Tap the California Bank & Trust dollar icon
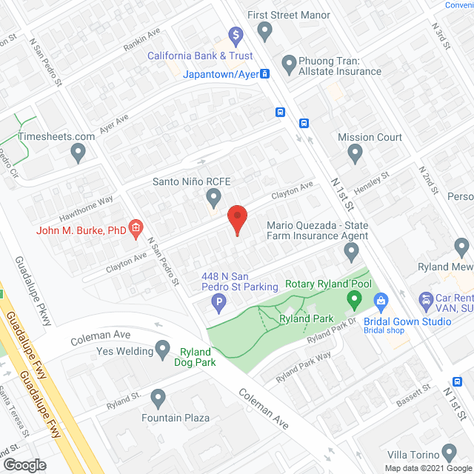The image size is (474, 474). [x=236, y=34]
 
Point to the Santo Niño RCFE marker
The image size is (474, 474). [x=214, y=198]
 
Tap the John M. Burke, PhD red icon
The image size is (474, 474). [x=136, y=230]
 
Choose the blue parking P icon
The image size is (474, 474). [x=218, y=301]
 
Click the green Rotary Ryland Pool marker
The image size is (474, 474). [x=354, y=301]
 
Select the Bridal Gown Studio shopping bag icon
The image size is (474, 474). [x=381, y=301]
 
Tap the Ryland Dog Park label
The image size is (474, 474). [x=193, y=357]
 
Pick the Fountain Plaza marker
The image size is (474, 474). [x=157, y=398]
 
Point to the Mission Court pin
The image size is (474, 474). [x=355, y=154]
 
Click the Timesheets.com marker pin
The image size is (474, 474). [x=78, y=153]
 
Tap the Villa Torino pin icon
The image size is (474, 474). [x=448, y=452]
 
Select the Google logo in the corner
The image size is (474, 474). [x=24, y=464]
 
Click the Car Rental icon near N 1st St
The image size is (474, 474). [x=427, y=301]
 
